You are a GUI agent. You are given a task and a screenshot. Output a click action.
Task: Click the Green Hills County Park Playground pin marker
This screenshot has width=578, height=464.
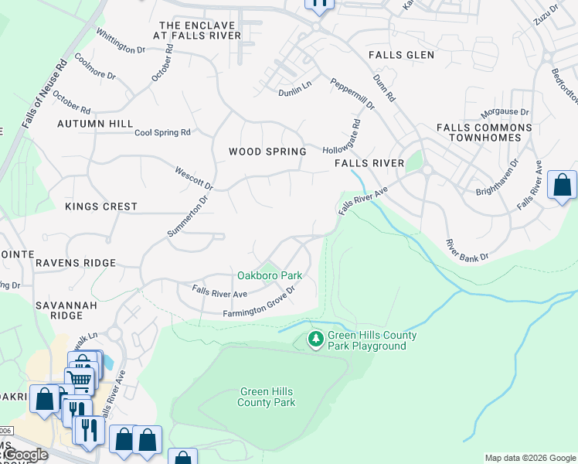(315, 339)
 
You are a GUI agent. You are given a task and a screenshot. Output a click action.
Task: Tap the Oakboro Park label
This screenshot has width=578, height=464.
(269, 275)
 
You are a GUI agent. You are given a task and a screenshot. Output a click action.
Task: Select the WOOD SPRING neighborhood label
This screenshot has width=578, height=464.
(267, 152)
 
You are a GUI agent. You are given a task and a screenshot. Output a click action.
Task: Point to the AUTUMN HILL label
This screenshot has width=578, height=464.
(95, 124)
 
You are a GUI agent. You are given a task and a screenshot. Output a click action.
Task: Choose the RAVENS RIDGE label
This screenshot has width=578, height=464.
(75, 263)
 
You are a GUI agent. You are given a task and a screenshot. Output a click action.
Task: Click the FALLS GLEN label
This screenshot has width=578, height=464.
(401, 55)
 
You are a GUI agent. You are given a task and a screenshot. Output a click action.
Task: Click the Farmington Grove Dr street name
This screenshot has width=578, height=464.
(260, 302)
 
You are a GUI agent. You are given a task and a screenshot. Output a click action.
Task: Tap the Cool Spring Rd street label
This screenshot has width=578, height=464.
(162, 133)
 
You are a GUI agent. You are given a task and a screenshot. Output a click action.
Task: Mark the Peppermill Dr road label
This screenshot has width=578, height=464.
(352, 94)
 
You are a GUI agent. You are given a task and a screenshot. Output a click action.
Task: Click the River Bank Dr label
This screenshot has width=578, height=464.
(467, 250)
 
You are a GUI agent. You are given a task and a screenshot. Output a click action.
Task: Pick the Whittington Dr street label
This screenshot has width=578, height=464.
(121, 41)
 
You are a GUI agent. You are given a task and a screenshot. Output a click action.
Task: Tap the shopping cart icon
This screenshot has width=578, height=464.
(79, 380)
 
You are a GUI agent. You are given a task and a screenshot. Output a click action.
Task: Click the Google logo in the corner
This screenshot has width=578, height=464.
(25, 455)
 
